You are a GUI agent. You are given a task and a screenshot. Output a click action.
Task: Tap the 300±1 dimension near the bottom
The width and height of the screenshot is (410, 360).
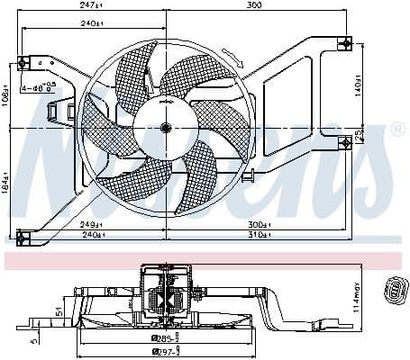[x=259, y=223]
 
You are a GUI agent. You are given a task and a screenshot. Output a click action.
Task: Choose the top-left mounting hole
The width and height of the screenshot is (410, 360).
[x=24, y=61]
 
